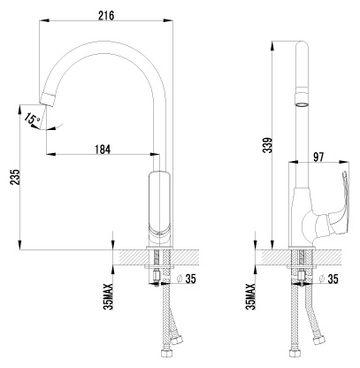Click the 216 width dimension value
(x=106, y=15)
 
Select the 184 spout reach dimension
(x=103, y=149)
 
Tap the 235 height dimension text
(x=15, y=177)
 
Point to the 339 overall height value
(x=268, y=144)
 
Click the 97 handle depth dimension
(x=318, y=157)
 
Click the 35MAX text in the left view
(x=110, y=296)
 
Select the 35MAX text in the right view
(x=250, y=296)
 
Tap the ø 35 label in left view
(x=186, y=279)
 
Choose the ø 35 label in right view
(x=328, y=279)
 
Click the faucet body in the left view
(x=160, y=206)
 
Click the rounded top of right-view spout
(x=302, y=44)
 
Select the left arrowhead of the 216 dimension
(x=43, y=20)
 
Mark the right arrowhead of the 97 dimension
(x=345, y=162)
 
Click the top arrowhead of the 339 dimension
(x=272, y=45)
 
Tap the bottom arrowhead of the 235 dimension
(x=19, y=245)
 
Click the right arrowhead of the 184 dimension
(x=155, y=154)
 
